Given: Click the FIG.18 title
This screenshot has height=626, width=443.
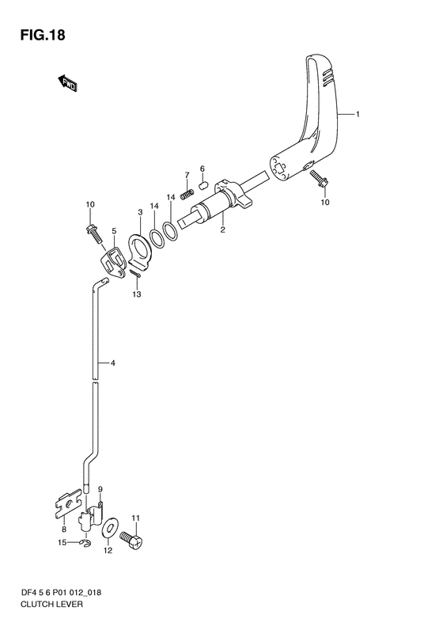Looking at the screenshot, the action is click(x=43, y=35).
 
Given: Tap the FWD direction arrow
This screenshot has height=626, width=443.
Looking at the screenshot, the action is click(x=67, y=83).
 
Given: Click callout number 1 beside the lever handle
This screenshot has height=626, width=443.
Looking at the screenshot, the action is click(x=358, y=115).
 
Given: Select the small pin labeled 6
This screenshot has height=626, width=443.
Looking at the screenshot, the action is click(x=203, y=185).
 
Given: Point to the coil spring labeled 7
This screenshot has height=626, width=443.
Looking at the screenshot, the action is click(x=187, y=195).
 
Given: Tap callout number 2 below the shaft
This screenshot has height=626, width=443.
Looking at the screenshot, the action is click(x=223, y=230).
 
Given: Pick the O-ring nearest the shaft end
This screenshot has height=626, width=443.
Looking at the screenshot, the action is click(x=170, y=232).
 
